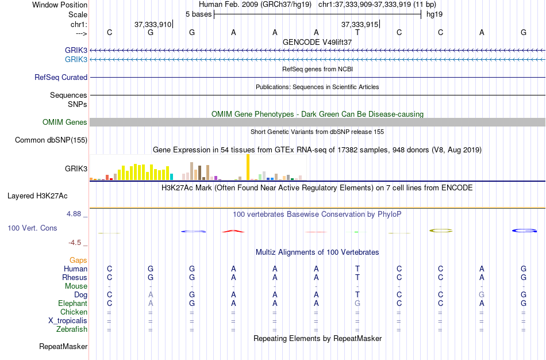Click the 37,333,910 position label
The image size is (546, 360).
tap(153, 25)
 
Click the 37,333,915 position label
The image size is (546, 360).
tap(360, 25)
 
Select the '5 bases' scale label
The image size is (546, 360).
tap(198, 13)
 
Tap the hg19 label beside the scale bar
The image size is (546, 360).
tap(434, 13)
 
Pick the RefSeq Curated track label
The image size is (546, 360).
tap(61, 77)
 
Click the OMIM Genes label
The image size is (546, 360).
tap(65, 122)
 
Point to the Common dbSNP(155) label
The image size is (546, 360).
tap(51, 140)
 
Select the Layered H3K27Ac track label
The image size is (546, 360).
tap(37, 196)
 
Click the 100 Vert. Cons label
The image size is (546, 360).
tap(32, 228)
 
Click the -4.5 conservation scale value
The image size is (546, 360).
tap(77, 243)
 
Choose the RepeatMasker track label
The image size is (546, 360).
tap(63, 346)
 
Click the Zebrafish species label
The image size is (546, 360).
tap(72, 330)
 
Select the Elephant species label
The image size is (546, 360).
tap(72, 303)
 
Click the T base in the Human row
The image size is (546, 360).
tap(357, 269)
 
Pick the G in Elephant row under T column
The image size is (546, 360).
tap(357, 303)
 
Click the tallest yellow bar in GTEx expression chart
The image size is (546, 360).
tap(248, 167)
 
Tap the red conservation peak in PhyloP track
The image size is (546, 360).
tap(233, 231)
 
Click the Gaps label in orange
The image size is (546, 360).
tap(78, 261)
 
